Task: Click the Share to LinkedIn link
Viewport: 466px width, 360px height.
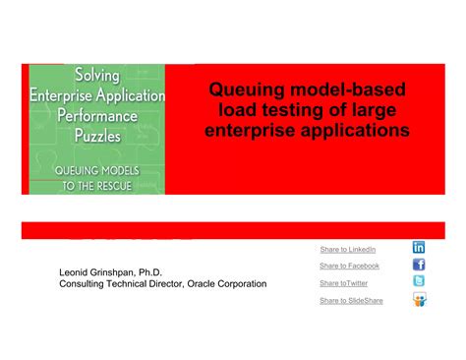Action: [x=348, y=249]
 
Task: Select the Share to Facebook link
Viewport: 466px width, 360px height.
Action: [x=349, y=266]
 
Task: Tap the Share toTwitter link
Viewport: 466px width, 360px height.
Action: [x=343, y=283]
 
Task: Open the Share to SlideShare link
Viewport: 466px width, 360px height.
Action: [x=351, y=300]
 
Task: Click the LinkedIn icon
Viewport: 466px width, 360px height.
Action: [x=419, y=248]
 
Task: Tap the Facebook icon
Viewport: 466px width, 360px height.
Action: [x=419, y=265]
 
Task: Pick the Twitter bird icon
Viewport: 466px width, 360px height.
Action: [x=419, y=281]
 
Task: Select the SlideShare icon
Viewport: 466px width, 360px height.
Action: [x=420, y=299]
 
